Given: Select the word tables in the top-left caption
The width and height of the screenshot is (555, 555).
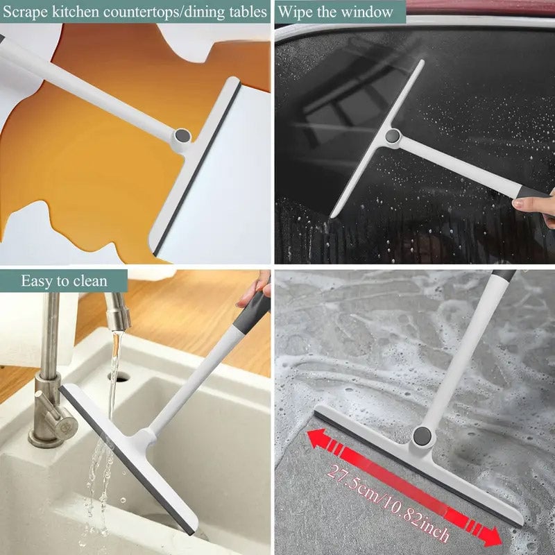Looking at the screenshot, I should [x=246, y=12].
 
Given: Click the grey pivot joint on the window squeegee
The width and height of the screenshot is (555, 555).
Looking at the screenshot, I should [x=393, y=137].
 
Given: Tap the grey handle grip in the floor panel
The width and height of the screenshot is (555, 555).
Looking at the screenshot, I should [x=504, y=275].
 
